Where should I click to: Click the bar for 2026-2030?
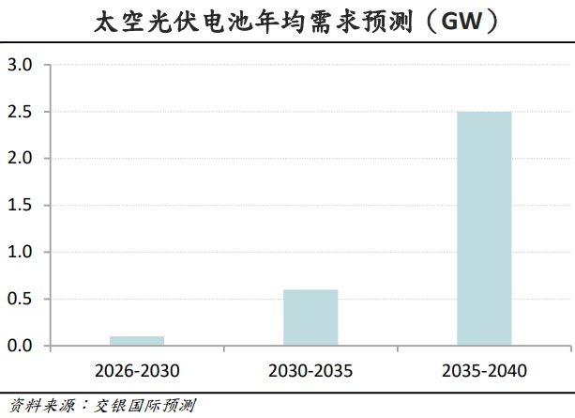(136, 341)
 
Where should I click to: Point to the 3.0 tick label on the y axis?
(20, 65)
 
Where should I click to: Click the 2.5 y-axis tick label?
(20, 112)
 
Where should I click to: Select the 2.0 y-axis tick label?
(20, 159)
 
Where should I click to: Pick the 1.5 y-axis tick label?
(20, 206)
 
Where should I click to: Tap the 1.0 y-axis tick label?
(20, 253)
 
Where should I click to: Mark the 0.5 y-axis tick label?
(20, 300)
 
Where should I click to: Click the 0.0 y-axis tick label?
(20, 347)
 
